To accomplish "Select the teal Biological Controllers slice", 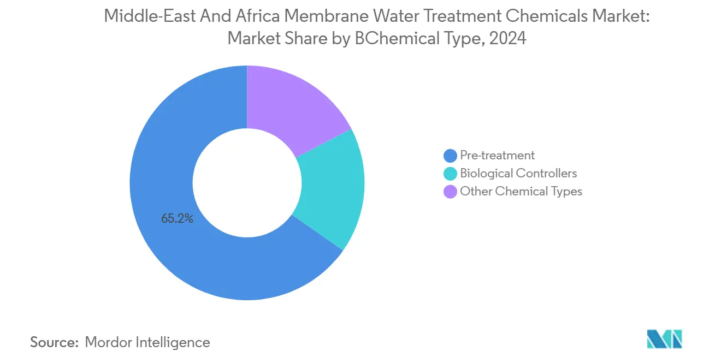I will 333,188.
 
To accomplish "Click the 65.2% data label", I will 177,219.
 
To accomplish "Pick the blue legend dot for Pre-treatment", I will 451,156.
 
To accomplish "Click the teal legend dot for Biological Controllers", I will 451,174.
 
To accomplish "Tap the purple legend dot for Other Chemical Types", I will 451,192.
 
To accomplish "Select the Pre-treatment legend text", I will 497,156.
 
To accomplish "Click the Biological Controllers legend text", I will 518,174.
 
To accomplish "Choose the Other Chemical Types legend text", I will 521,192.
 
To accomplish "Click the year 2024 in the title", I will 509,39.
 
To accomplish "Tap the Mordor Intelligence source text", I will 147,342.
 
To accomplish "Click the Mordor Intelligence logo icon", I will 664,340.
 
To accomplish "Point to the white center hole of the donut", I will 247,183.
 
